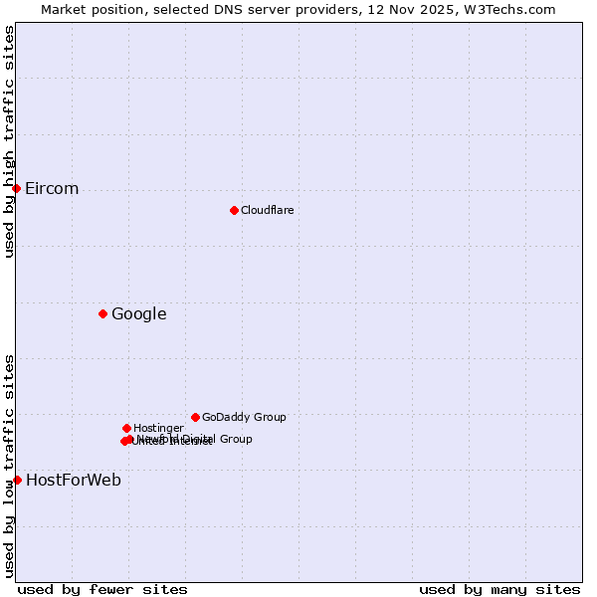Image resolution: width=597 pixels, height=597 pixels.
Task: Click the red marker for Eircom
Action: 16,188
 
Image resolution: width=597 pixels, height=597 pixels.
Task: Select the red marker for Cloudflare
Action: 234,210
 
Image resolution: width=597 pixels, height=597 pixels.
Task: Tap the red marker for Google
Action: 102,314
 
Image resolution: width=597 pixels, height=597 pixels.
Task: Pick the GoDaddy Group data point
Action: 195,417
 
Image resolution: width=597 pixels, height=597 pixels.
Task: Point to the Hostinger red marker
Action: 126,428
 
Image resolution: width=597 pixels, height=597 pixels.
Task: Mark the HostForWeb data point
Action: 17,480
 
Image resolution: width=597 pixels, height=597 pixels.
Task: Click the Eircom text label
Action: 52,189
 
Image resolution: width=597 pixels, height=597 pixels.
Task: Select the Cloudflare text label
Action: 267,210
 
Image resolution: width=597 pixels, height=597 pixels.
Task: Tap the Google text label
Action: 138,314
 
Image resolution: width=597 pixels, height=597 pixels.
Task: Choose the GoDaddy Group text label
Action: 244,418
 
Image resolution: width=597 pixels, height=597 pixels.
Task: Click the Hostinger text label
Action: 158,429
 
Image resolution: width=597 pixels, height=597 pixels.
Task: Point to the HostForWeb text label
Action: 74,481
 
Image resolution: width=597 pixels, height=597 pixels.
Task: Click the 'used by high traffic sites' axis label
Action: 9,142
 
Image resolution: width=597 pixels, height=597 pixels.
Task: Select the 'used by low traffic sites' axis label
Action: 9,466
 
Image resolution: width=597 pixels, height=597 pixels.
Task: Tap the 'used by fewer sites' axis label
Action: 102,589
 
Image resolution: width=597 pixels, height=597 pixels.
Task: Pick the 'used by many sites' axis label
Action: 499,589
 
